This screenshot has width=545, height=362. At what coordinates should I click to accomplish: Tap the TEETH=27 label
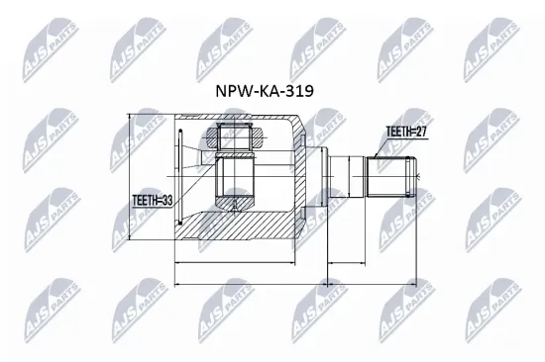coord(406,130)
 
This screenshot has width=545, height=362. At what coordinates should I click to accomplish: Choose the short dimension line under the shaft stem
coord(346,263)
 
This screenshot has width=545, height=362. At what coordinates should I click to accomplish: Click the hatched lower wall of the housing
coord(248,226)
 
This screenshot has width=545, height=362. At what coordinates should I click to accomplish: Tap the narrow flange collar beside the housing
coord(318,178)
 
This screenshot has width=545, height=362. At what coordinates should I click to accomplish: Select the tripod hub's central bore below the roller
coord(236,178)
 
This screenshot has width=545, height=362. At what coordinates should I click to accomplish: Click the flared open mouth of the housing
coord(182,178)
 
